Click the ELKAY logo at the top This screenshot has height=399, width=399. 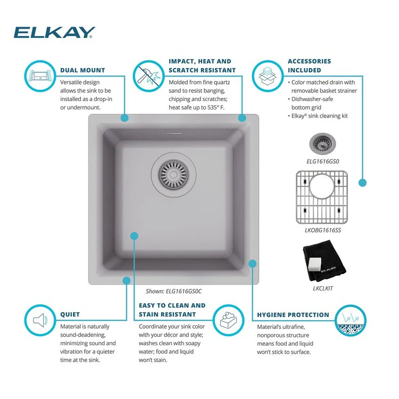click(x=54, y=32)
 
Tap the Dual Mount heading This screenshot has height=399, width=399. click(x=82, y=70)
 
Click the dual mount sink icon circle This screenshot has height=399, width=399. click(x=40, y=76)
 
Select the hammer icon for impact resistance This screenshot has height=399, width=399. click(x=148, y=76)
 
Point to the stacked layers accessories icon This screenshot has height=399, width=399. click(x=268, y=76)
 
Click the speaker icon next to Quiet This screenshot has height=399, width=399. click(x=40, y=320)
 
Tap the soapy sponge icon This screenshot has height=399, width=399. click(x=228, y=320)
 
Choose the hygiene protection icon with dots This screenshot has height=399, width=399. click(x=351, y=320)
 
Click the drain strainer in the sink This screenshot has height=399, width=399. click(x=173, y=174)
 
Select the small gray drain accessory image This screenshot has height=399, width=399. click(x=322, y=144)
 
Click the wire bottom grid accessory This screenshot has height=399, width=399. click(x=322, y=197)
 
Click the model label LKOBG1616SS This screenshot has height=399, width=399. click(x=323, y=230)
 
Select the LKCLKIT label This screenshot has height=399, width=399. click(x=323, y=288)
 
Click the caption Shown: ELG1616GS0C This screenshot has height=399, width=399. click(x=173, y=292)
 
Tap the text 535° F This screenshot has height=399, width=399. click(x=216, y=107)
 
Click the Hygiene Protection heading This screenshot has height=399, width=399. click(x=293, y=315)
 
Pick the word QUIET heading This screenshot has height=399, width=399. click(x=70, y=314)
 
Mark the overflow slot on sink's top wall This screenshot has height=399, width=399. click(x=174, y=133)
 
